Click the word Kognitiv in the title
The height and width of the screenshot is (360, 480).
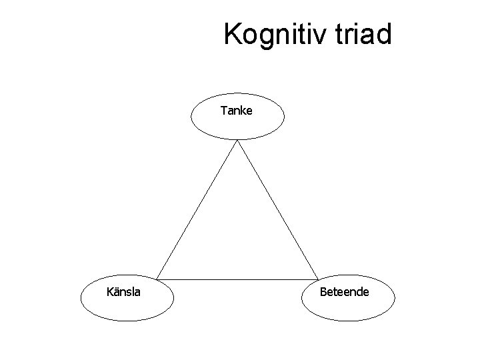(x=274, y=35)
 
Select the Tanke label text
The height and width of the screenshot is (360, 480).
(x=237, y=111)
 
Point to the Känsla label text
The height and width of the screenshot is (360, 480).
(x=123, y=291)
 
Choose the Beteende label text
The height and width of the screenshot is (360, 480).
(x=345, y=291)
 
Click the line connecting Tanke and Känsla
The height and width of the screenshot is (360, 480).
(x=197, y=209)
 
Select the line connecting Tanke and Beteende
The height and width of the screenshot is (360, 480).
(x=277, y=209)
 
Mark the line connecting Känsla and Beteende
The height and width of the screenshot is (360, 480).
(x=237, y=279)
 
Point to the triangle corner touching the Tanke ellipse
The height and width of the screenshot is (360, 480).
(x=237, y=141)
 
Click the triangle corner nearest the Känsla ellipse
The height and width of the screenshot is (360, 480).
(x=157, y=279)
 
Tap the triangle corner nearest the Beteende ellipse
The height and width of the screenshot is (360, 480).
(x=318, y=279)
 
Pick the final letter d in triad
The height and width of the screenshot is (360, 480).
(x=384, y=35)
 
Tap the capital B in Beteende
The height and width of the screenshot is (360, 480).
(x=323, y=291)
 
